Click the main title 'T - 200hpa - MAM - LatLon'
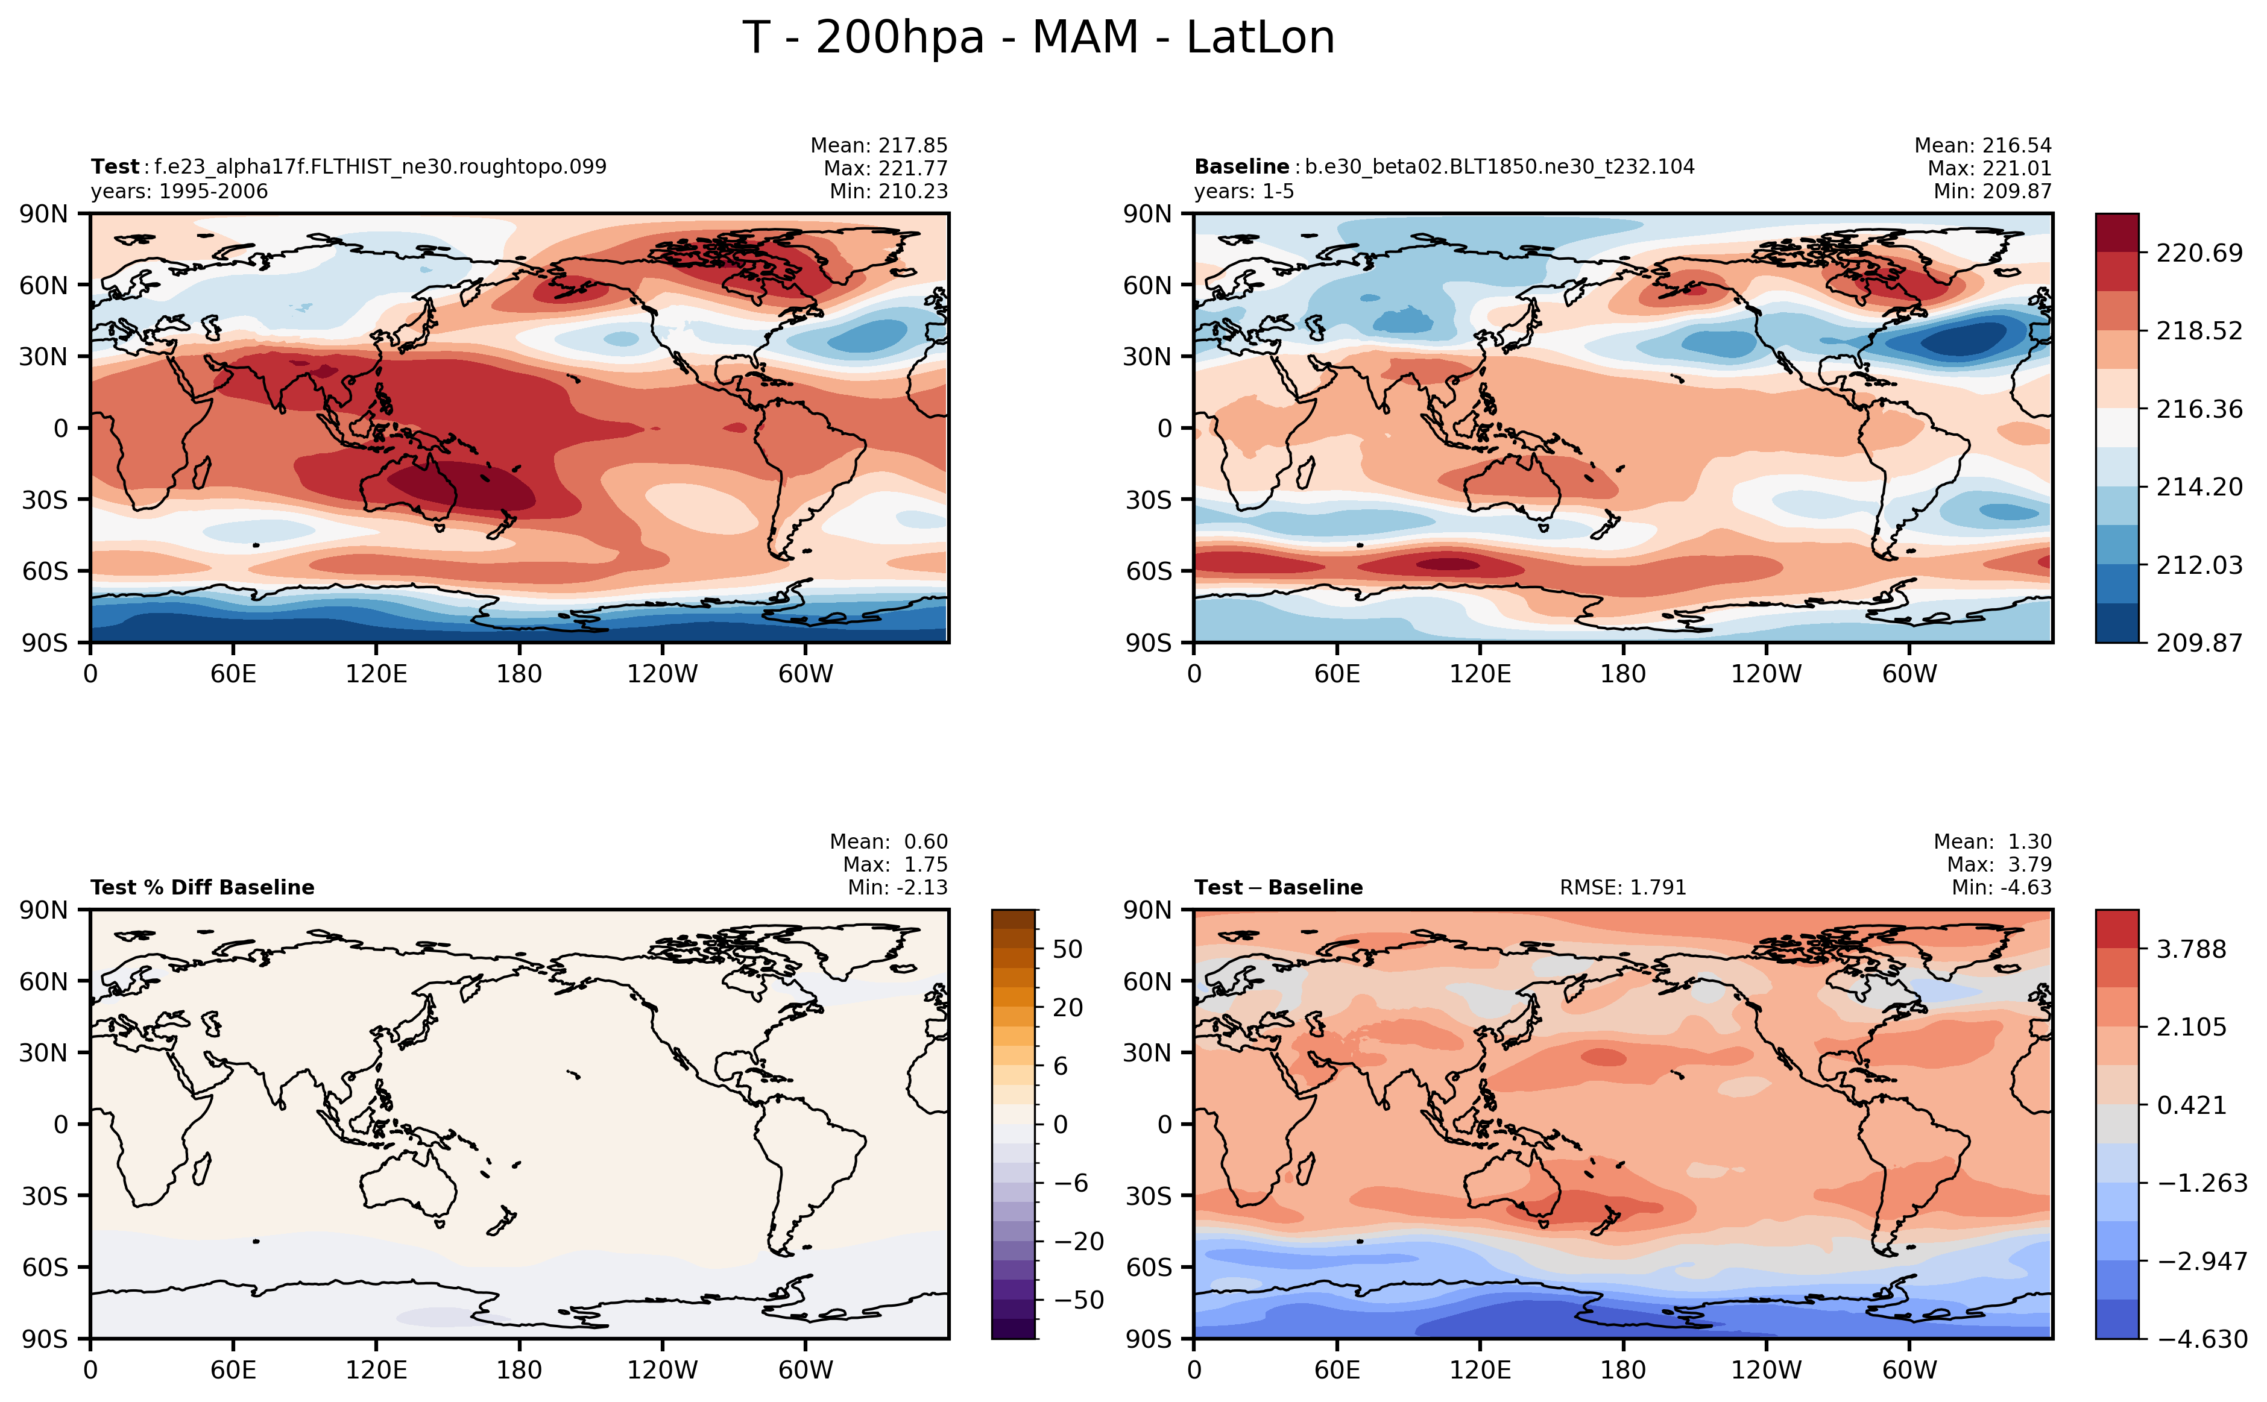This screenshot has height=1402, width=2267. point(1038,38)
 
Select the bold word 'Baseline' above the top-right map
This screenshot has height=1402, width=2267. point(1241,167)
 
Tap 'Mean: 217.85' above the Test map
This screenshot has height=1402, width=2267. point(878,146)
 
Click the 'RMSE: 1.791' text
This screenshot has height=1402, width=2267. point(1622,887)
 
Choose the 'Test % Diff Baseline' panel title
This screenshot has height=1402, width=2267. point(202,887)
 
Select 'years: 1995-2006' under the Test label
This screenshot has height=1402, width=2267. point(179,191)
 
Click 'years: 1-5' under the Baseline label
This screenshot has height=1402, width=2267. point(1243,191)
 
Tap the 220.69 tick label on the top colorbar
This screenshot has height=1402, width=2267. point(2198,253)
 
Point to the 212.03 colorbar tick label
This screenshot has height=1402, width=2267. point(2198,565)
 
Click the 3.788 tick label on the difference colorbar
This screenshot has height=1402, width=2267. point(2191,949)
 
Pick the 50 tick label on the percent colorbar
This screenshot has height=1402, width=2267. point(1068,949)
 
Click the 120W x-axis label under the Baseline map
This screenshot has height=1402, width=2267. point(1765,673)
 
